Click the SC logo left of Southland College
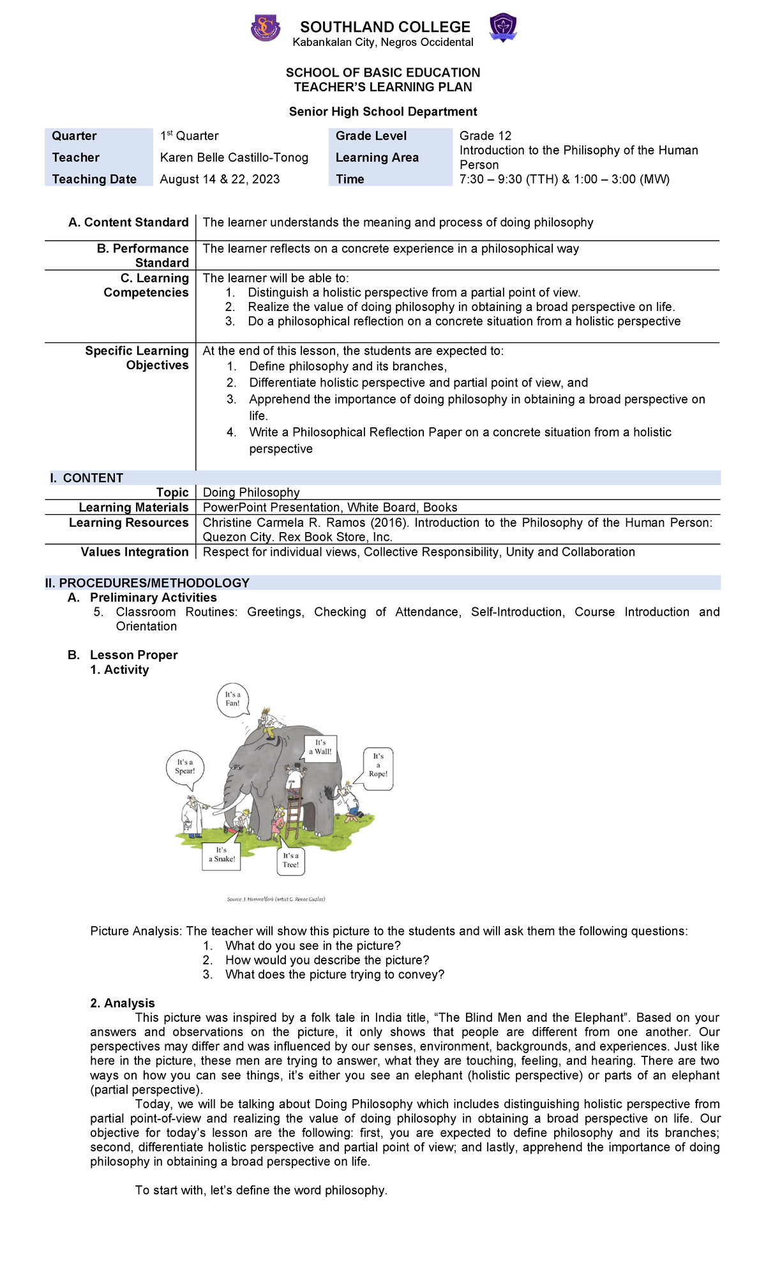pyautogui.click(x=265, y=29)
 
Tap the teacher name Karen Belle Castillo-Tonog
pyautogui.click(x=234, y=158)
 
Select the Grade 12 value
pyautogui.click(x=485, y=135)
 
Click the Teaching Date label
pyautogui.click(x=94, y=179)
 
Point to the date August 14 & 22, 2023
pyautogui.click(x=220, y=179)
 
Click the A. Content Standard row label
pyautogui.click(x=128, y=222)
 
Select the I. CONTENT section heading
pyautogui.click(x=87, y=478)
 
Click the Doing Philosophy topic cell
pyautogui.click(x=251, y=492)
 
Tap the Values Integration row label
pyautogui.click(x=135, y=552)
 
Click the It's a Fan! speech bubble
pyautogui.click(x=232, y=699)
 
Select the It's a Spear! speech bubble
pyautogui.click(x=184, y=766)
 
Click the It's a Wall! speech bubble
pyautogui.click(x=320, y=747)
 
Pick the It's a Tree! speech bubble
pyautogui.click(x=290, y=860)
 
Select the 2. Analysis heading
pyautogui.click(x=123, y=1003)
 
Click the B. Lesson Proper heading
pyautogui.click(x=133, y=655)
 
